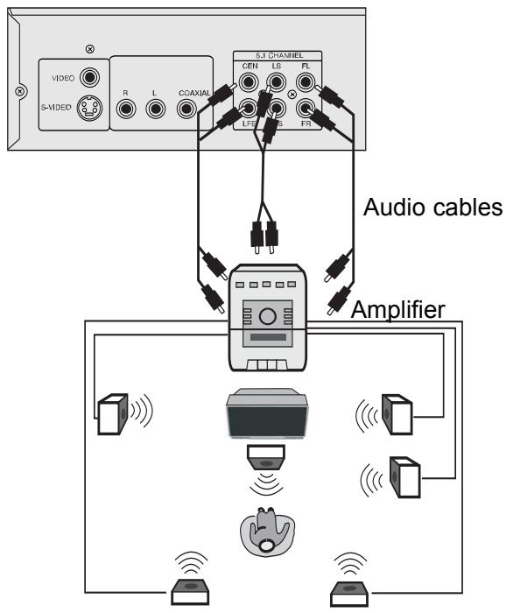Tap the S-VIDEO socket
tap(88, 109)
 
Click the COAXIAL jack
tap(186, 109)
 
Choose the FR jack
tap(306, 109)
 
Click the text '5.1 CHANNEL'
tap(278, 56)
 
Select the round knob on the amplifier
tap(268, 315)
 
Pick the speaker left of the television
tap(114, 414)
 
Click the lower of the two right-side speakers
tap(405, 477)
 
